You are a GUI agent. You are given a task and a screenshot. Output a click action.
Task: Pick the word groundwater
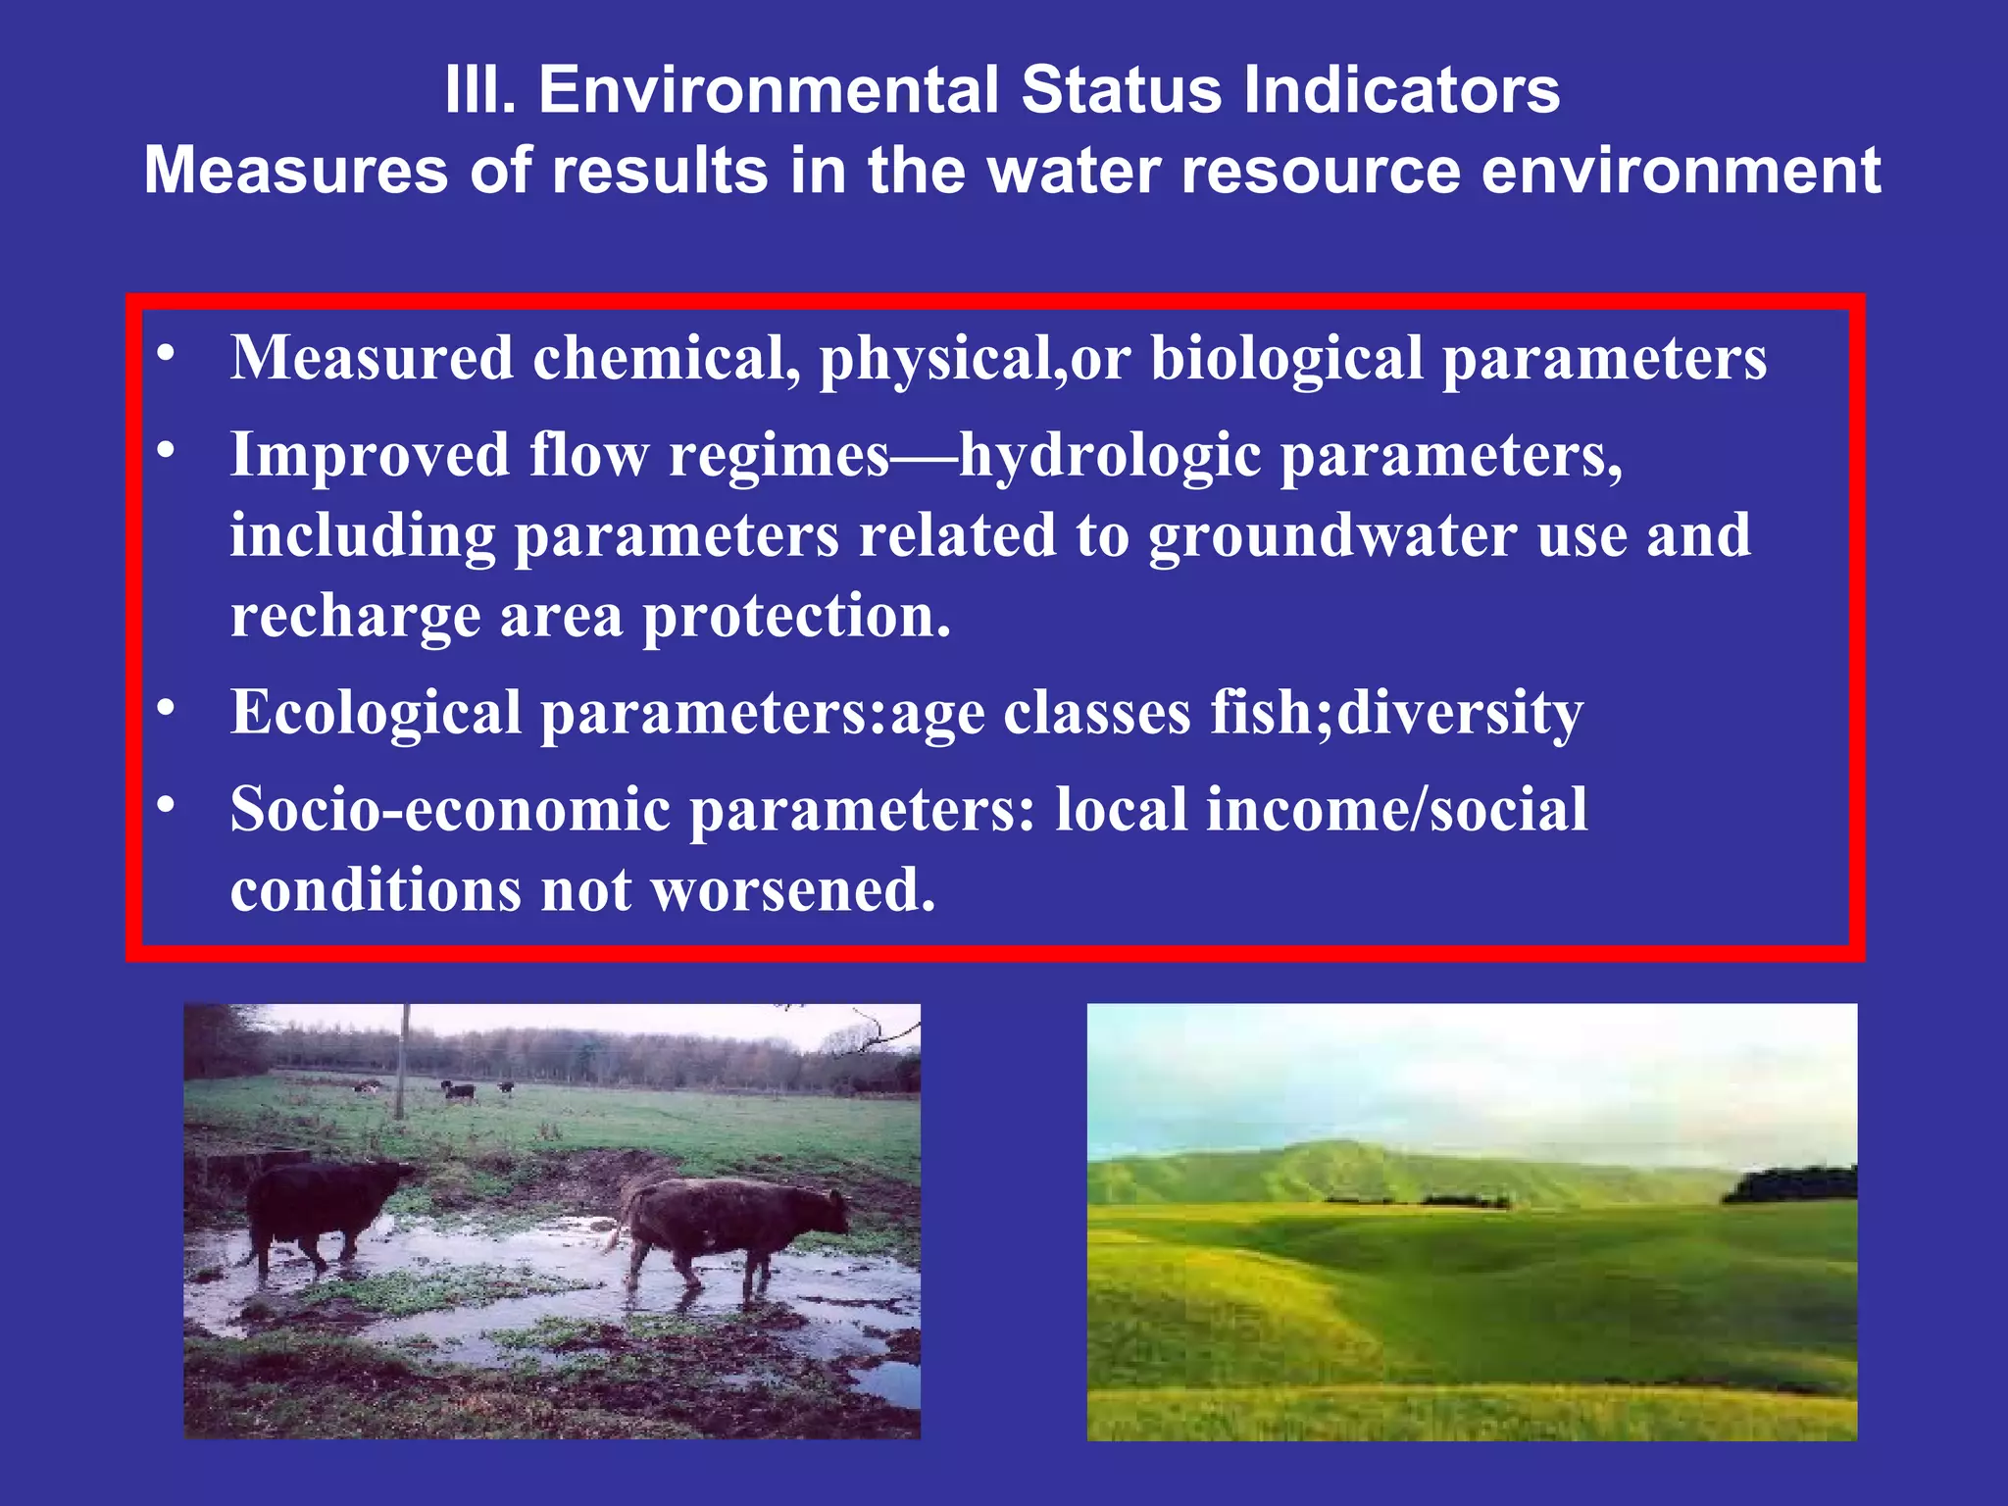point(1332,536)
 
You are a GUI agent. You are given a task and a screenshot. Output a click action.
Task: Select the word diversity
point(1460,714)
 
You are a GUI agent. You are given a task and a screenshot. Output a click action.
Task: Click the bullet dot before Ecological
point(167,707)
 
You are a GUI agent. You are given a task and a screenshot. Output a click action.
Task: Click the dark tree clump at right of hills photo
point(1789,1182)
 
